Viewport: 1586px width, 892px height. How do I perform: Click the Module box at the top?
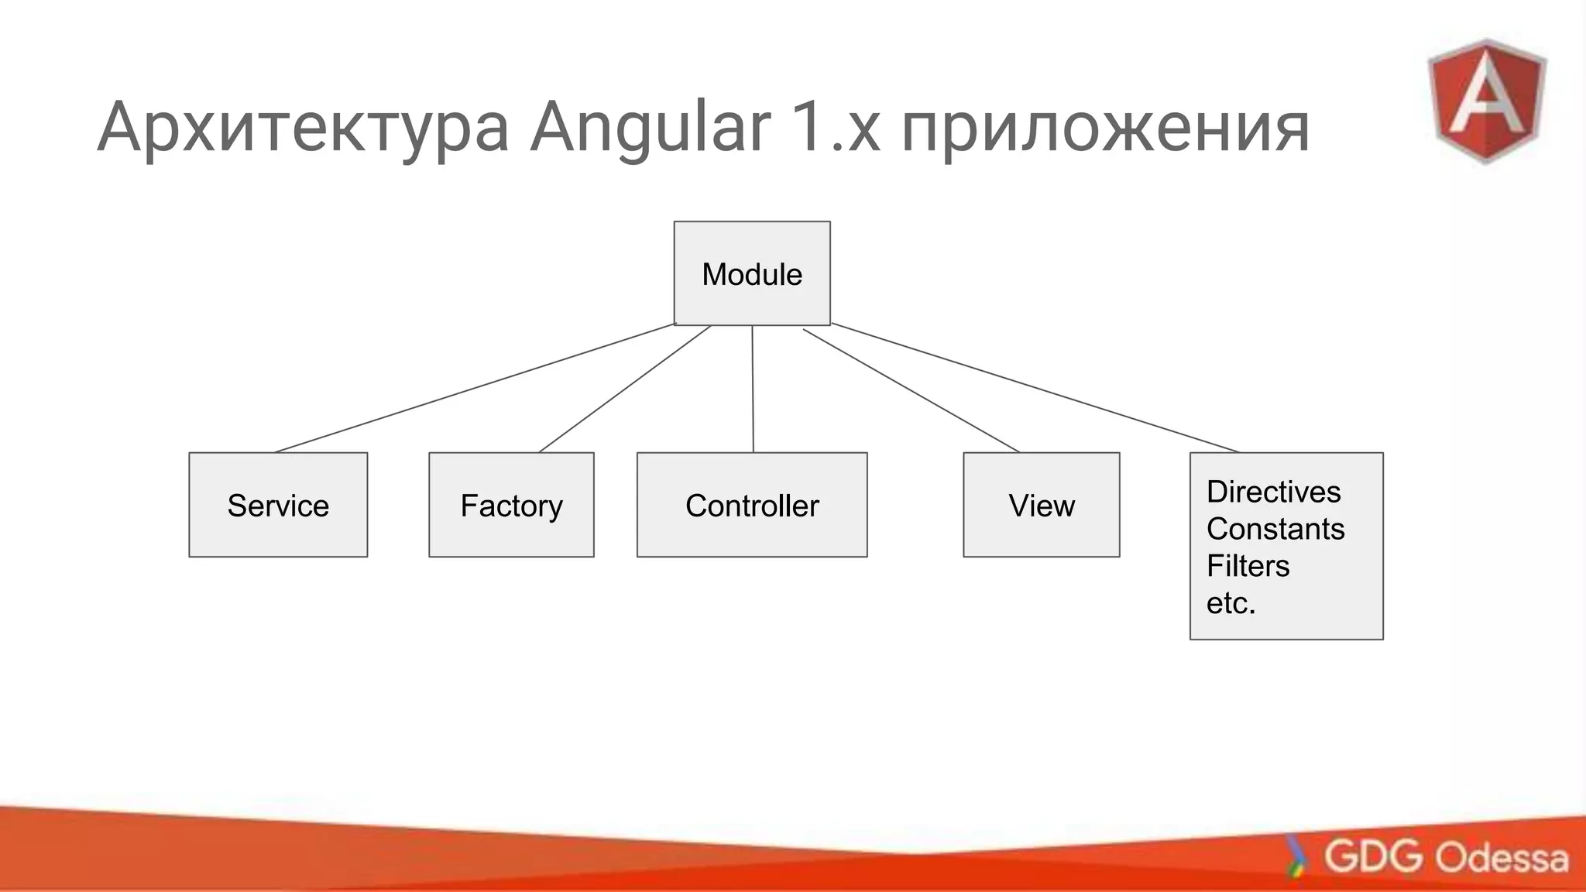coord(752,273)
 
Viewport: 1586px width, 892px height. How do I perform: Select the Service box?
coord(278,505)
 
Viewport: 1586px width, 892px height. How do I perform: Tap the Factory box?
coord(511,505)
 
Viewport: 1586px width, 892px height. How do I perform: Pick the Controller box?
coord(752,505)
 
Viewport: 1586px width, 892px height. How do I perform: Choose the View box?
coord(1041,505)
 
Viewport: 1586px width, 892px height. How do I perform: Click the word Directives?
coord(1273,492)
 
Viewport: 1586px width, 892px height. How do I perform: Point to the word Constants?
coord(1275,529)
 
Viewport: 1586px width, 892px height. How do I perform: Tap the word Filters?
coord(1248,566)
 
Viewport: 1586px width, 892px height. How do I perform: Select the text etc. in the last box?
coord(1231,603)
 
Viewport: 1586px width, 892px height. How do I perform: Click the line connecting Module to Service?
coord(475,387)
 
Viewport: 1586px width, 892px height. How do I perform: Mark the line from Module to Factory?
coord(625,389)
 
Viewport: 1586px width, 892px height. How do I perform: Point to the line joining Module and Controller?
coord(753,389)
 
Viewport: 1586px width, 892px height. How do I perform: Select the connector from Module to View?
coord(911,391)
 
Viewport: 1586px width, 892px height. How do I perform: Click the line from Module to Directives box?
coord(1035,388)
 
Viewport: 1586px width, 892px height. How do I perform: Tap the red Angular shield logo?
coord(1486,101)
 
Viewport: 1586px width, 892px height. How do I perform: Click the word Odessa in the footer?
coord(1502,858)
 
